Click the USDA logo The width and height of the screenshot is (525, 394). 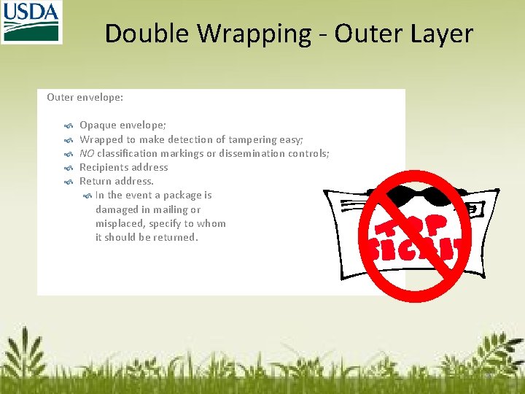click(x=31, y=22)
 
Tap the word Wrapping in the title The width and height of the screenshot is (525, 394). click(x=250, y=34)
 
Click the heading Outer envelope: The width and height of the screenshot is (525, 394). click(x=85, y=96)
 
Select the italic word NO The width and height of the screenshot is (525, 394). click(x=87, y=153)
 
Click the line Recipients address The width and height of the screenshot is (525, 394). click(x=123, y=167)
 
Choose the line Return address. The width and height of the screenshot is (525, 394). click(x=116, y=181)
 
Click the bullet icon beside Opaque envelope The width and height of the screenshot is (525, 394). click(x=68, y=126)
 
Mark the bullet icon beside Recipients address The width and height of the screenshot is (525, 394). click(x=68, y=168)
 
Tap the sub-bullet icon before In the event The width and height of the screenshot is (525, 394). click(x=88, y=196)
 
